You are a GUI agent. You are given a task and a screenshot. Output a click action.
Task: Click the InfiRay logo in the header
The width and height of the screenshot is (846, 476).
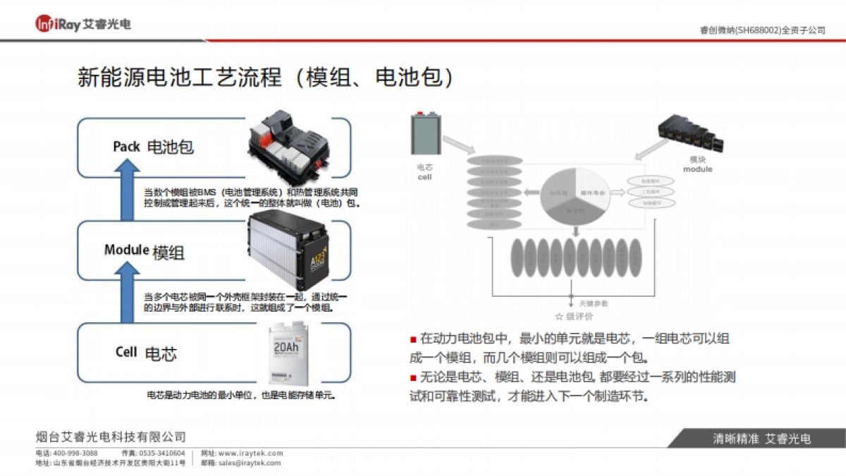coord(82,24)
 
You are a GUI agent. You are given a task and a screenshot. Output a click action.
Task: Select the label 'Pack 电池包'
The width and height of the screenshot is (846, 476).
coord(153,147)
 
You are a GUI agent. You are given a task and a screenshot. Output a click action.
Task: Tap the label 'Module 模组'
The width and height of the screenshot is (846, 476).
coord(145,251)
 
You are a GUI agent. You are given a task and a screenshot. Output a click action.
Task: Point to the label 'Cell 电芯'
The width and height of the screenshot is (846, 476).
coord(146,353)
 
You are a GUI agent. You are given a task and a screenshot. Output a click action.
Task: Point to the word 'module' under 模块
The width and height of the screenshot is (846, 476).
coord(697,169)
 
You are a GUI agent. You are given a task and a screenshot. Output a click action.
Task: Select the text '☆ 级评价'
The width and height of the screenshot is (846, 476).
coord(574,317)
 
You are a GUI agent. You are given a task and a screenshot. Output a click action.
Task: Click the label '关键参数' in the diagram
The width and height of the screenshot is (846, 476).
coord(593,303)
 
